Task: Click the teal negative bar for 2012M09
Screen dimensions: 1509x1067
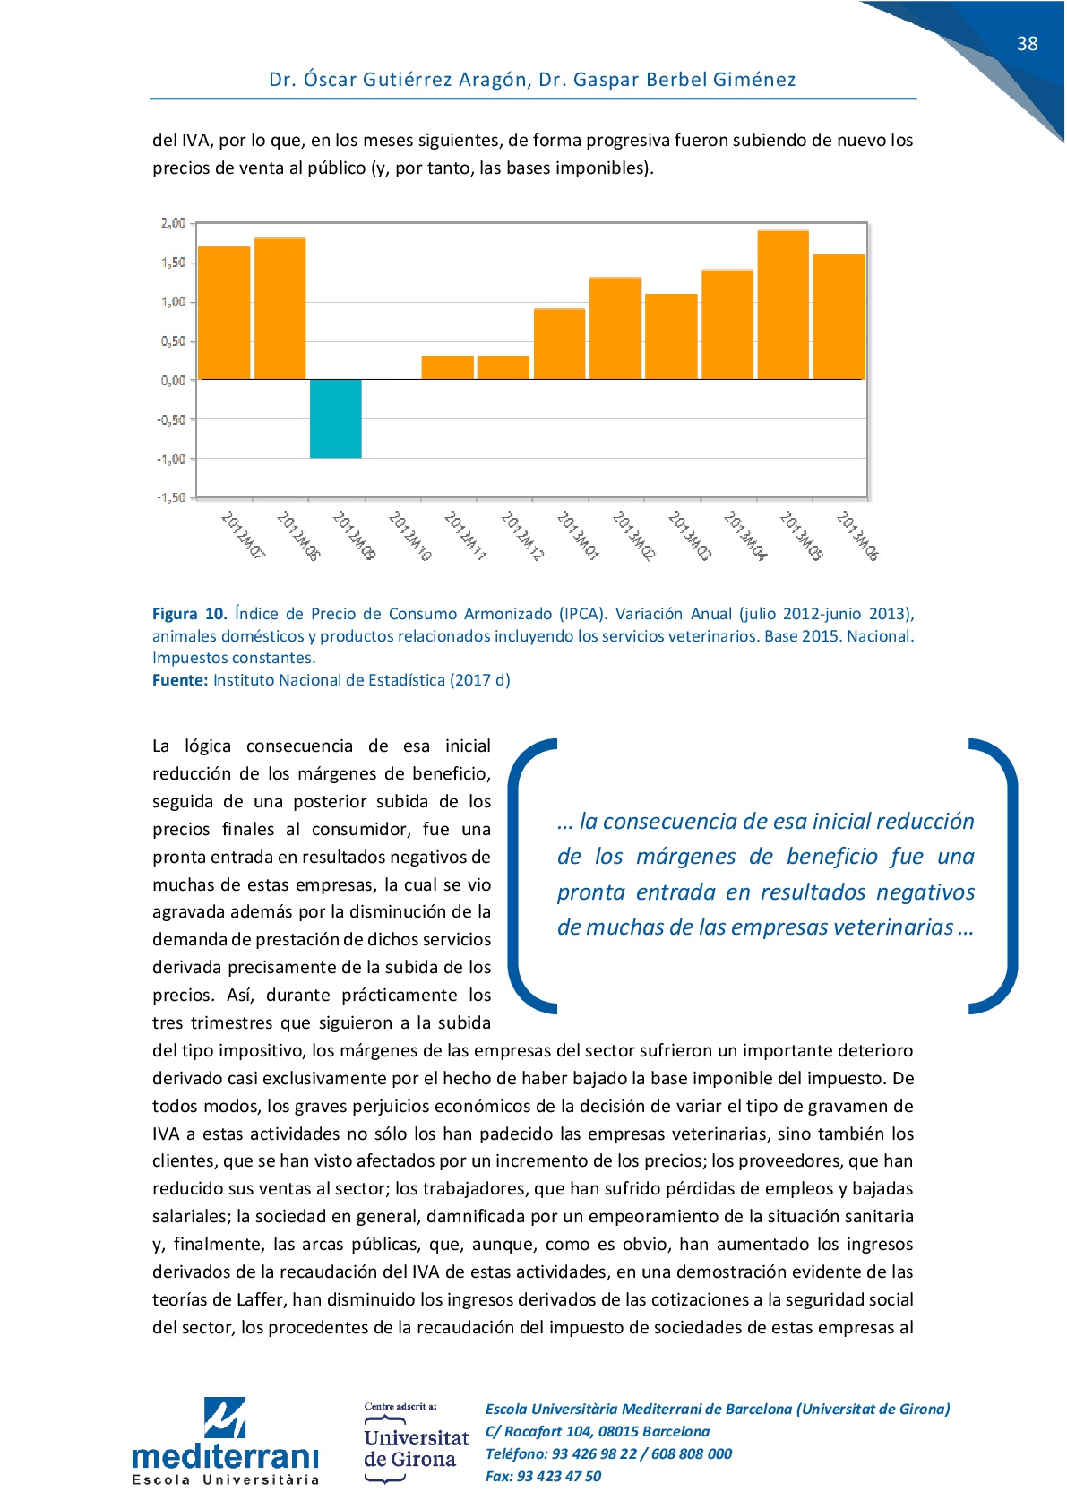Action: point(336,418)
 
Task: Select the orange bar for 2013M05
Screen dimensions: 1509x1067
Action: point(783,305)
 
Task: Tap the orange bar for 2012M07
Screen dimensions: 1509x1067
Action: point(224,313)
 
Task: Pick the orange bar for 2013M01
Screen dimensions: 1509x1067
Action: point(559,344)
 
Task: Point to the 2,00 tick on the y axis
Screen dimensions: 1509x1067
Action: point(174,223)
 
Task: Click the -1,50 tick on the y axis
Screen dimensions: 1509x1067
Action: point(171,497)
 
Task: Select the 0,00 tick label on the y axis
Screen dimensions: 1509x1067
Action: point(174,380)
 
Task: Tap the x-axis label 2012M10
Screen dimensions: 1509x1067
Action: point(410,536)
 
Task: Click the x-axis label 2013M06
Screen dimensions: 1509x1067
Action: point(857,536)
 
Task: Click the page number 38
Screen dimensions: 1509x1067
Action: point(1027,44)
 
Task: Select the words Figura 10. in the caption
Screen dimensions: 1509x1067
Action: point(189,614)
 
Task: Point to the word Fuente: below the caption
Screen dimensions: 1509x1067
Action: point(180,680)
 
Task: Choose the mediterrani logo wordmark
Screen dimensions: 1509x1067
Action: point(225,1455)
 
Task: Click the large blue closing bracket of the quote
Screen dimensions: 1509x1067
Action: point(997,875)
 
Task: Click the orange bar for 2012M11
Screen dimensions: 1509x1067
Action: point(447,367)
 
